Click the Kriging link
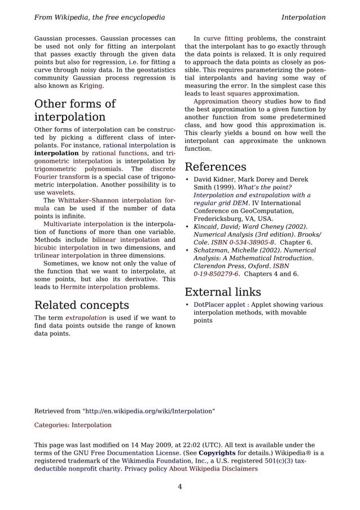click(90, 86)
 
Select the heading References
click(215, 167)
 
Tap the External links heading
click(222, 292)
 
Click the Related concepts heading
click(81, 306)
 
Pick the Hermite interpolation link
click(93, 287)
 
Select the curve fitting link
click(220, 38)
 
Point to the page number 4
click(179, 487)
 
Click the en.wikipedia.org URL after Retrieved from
click(149, 411)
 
